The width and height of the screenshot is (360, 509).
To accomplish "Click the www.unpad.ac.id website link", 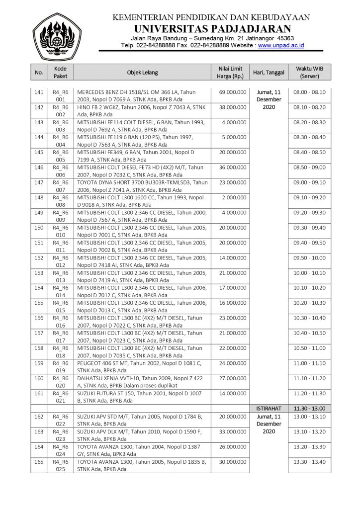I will coord(281,45).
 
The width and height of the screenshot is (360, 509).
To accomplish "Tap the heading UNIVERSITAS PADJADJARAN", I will coord(212,28).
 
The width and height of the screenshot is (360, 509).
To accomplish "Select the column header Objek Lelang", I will coord(142,73).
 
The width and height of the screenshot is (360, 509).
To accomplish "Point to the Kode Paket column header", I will coord(60,73).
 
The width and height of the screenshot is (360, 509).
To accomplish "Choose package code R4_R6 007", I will coord(60,186).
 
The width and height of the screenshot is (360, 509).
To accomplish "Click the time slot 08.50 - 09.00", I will coord(309,168).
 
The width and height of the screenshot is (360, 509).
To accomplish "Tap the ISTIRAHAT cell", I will coord(269,408).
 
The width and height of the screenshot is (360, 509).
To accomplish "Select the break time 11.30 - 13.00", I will coord(309,408).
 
